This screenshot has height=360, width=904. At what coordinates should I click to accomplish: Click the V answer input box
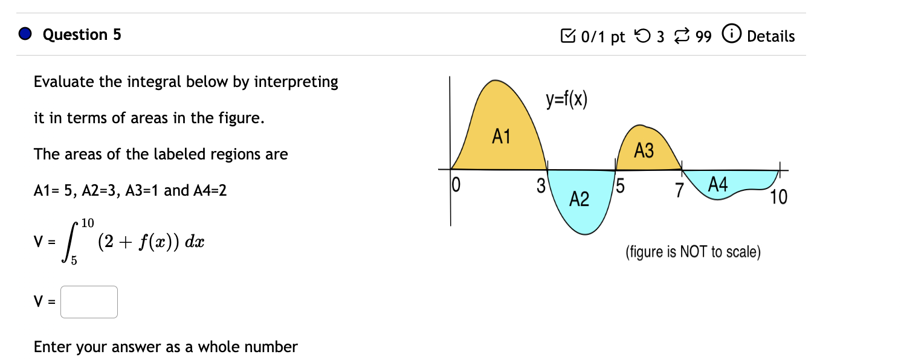pyautogui.click(x=89, y=302)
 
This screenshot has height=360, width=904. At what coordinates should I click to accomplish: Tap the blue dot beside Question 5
pyautogui.click(x=25, y=34)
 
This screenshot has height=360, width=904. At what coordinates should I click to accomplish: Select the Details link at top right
pyautogui.click(x=770, y=36)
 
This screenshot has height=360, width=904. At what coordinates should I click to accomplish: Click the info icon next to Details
pyautogui.click(x=732, y=36)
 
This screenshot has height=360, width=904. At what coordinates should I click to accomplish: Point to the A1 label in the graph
pyautogui.click(x=501, y=137)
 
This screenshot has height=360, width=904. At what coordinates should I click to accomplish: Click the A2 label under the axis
pyautogui.click(x=579, y=199)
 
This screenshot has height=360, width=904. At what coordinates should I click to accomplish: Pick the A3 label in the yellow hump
pyautogui.click(x=644, y=151)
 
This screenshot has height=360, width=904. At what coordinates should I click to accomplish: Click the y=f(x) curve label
pyautogui.click(x=566, y=100)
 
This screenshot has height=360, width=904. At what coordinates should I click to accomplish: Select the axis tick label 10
pyautogui.click(x=779, y=198)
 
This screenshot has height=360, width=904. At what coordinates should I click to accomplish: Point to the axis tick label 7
pyautogui.click(x=679, y=191)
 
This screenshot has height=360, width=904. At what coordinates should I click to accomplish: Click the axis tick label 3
pyautogui.click(x=541, y=185)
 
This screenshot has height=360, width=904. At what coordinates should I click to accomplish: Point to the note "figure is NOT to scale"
pyautogui.click(x=693, y=252)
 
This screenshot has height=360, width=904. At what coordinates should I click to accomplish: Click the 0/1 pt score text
pyautogui.click(x=602, y=37)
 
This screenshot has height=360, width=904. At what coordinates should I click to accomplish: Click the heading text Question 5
pyautogui.click(x=82, y=34)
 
